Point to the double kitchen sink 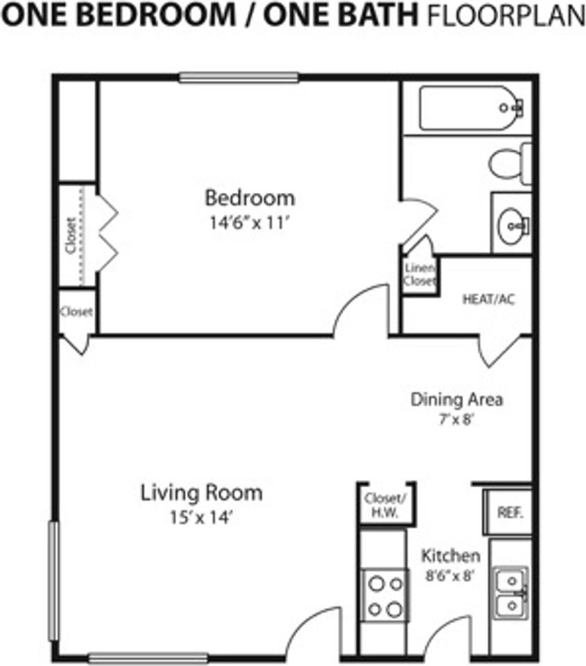tap(510, 593)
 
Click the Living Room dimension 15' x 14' tap(201, 518)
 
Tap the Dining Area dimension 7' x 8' tap(456, 420)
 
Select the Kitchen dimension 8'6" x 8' tap(450, 575)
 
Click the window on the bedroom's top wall tap(239, 78)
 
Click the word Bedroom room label tap(249, 198)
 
